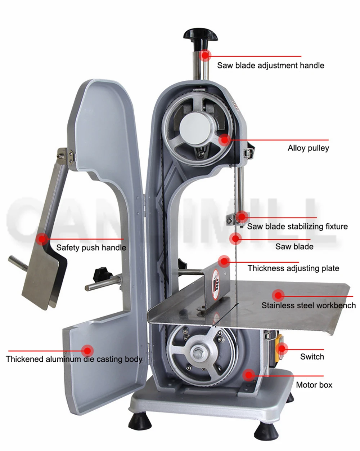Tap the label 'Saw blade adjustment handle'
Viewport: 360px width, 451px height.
coord(270,66)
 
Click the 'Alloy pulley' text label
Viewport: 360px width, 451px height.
coord(308,148)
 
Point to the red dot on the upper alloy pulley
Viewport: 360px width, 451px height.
coord(225,139)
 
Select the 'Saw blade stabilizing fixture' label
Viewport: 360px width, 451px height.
coord(297,227)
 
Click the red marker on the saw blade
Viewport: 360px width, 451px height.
coord(235,238)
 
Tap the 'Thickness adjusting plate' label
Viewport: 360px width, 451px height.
coord(293,268)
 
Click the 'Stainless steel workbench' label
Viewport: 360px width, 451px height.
coord(309,305)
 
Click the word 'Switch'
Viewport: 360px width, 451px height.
coord(312,357)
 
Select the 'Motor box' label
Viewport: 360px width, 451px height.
coord(314,385)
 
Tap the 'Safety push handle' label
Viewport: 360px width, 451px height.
coord(91,248)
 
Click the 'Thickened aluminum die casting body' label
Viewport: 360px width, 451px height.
coord(74,359)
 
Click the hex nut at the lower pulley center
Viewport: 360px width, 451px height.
coord(198,353)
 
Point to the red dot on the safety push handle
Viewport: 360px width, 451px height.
coord(42,238)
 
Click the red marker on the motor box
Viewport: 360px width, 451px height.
coord(248,375)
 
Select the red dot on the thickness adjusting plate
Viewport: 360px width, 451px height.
coord(224,261)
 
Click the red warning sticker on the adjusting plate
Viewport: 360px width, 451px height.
coord(216,282)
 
